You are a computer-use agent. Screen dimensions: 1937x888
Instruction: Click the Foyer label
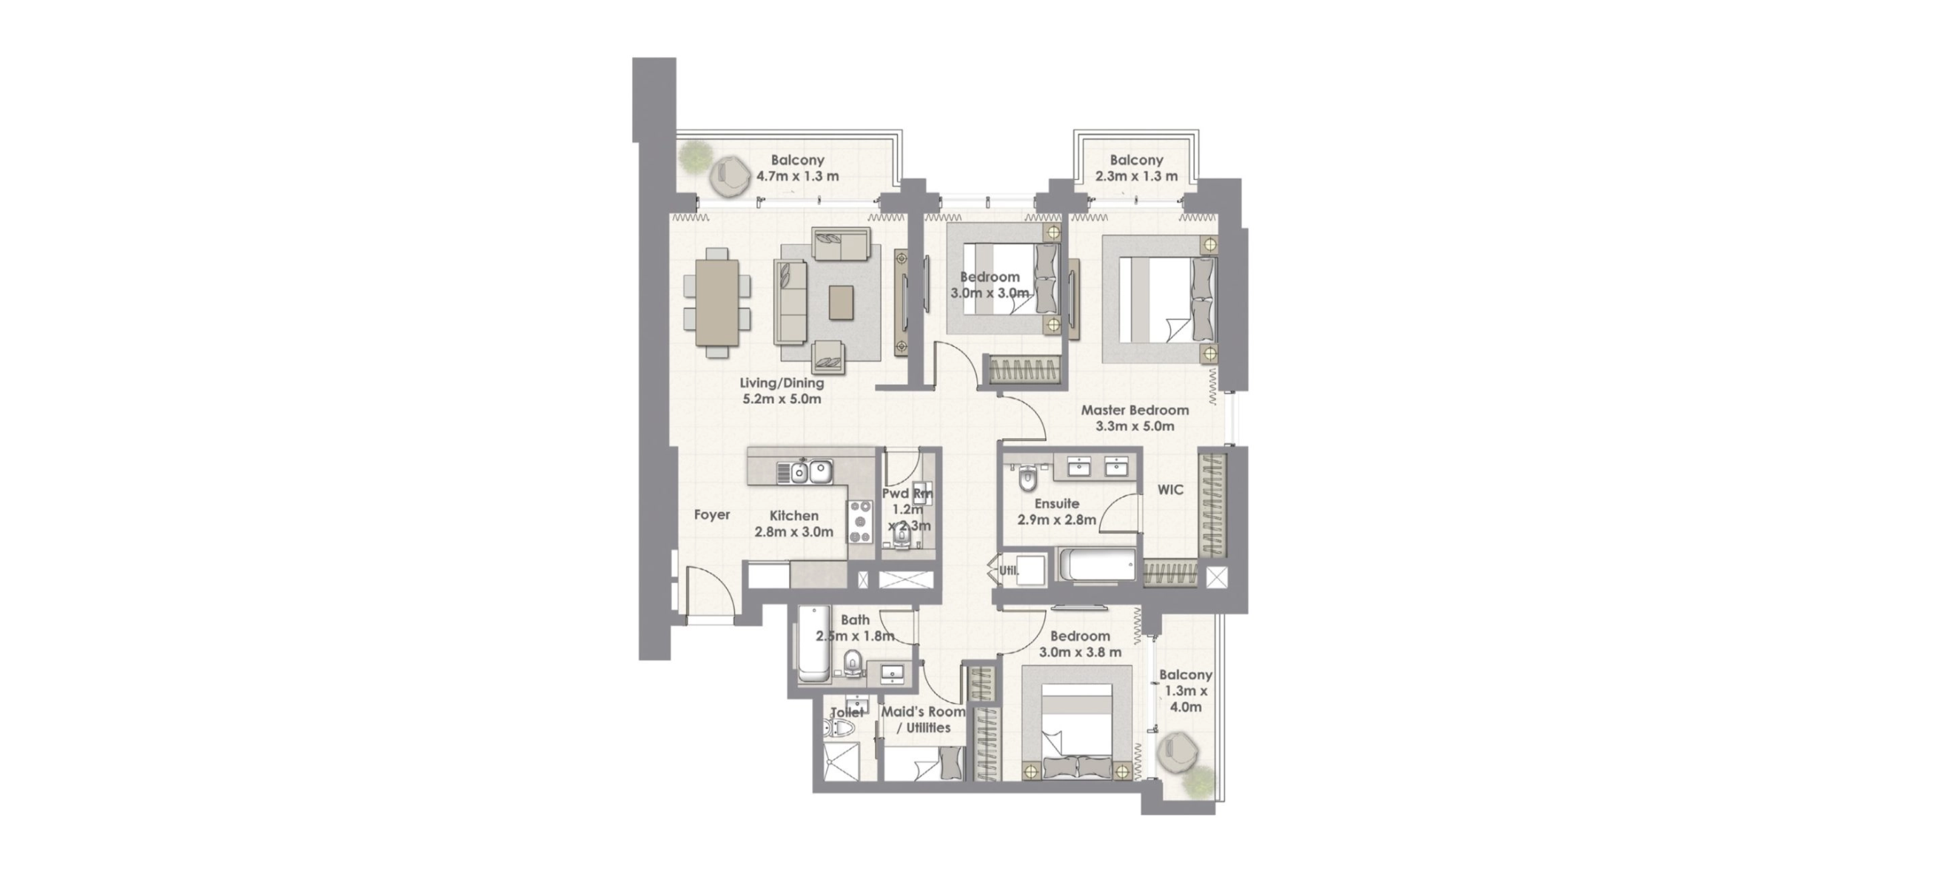tap(711, 515)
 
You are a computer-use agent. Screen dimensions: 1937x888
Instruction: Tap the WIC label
tap(1170, 490)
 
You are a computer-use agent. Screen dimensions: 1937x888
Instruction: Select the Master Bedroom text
tap(1135, 411)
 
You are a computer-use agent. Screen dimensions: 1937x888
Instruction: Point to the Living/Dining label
tap(782, 383)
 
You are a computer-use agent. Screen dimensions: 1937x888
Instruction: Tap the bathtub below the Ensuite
tap(1097, 565)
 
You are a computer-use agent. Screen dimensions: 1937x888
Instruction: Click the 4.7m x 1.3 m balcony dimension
tap(797, 177)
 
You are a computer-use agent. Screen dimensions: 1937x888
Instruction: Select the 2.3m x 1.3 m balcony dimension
tap(1136, 177)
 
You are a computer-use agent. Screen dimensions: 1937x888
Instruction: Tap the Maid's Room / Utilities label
tap(924, 719)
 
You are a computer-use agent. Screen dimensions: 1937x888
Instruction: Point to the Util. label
tap(1008, 571)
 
